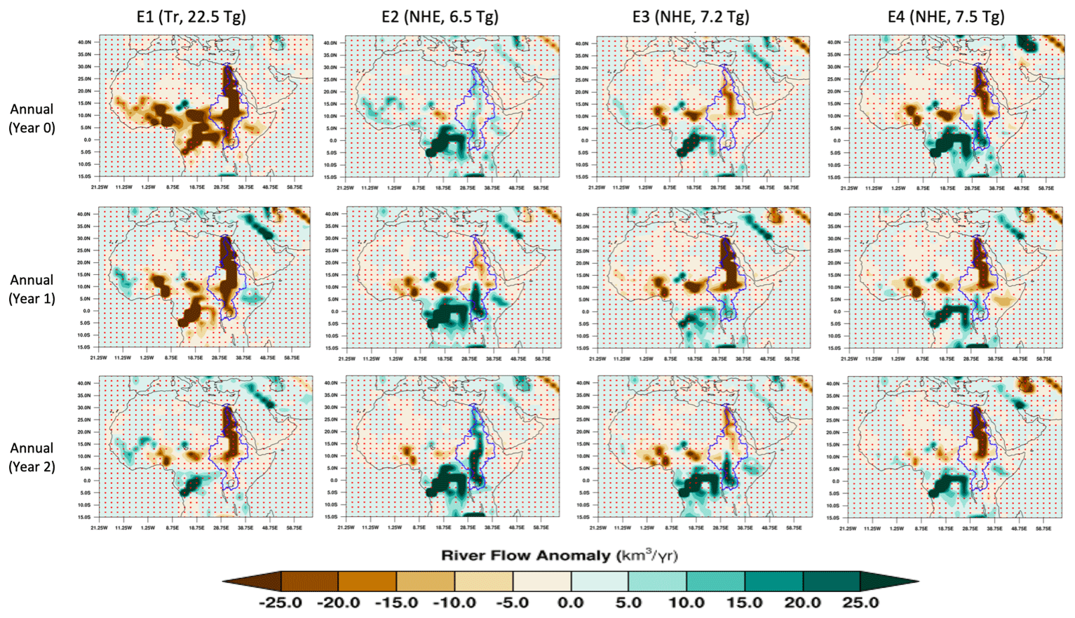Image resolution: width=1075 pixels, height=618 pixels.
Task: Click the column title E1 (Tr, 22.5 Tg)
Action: point(191,17)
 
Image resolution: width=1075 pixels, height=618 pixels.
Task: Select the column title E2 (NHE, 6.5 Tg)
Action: point(440,17)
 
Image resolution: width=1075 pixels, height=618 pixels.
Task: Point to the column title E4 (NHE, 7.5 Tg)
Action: point(945,17)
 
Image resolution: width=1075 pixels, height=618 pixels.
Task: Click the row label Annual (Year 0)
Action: point(32,118)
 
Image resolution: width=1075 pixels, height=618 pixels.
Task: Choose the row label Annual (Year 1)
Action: point(32,288)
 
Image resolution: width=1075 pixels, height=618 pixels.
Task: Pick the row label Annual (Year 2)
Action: point(32,457)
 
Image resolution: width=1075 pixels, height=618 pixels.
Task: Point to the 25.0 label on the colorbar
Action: point(860,603)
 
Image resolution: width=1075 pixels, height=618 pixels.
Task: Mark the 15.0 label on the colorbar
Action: point(745,603)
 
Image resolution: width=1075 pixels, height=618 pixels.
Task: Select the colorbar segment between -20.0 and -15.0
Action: point(367,581)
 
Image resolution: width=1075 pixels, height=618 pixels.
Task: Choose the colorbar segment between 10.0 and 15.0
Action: point(715,581)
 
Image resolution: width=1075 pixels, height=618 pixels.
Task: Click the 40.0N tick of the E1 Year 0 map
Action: point(84,42)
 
